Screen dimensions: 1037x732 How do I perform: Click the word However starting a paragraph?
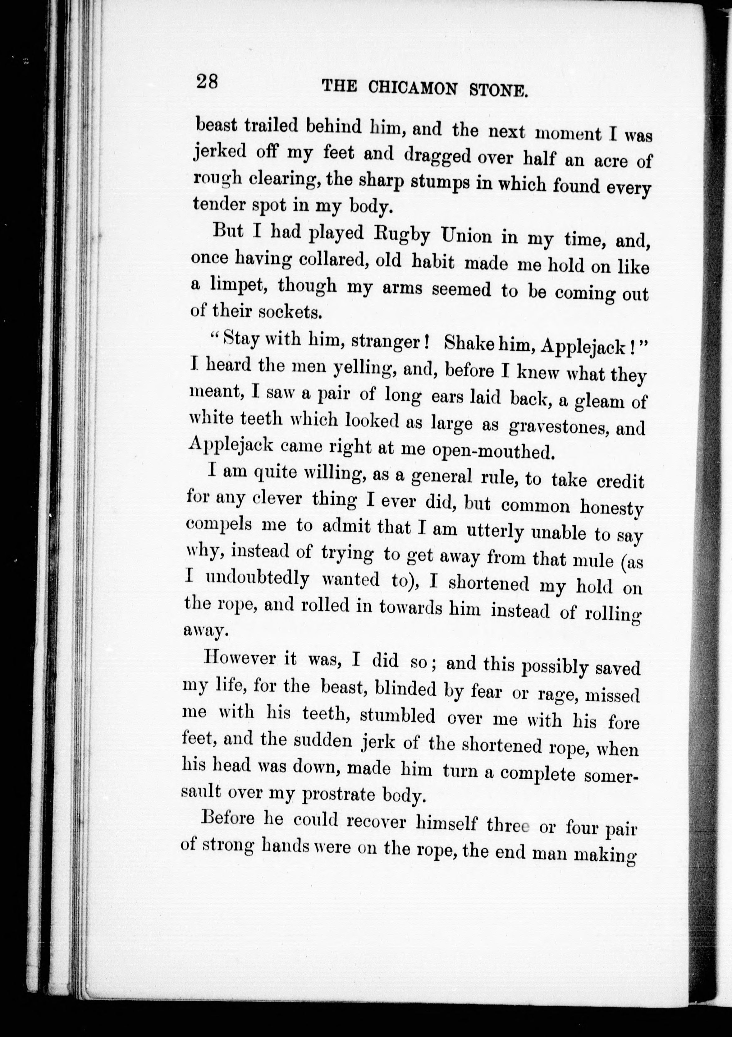click(x=240, y=658)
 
